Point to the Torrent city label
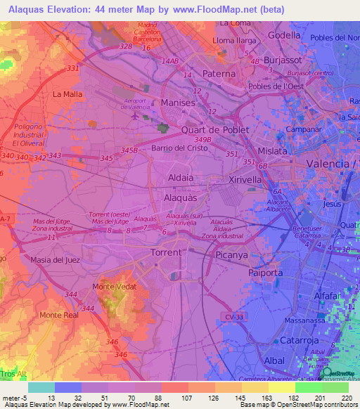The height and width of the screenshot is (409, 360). pos(167,252)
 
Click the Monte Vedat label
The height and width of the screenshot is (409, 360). pos(113,287)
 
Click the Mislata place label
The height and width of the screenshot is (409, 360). pos(272,151)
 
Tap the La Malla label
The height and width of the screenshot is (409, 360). pos(67,93)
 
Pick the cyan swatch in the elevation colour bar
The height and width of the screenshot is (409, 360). pos(41,387)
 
